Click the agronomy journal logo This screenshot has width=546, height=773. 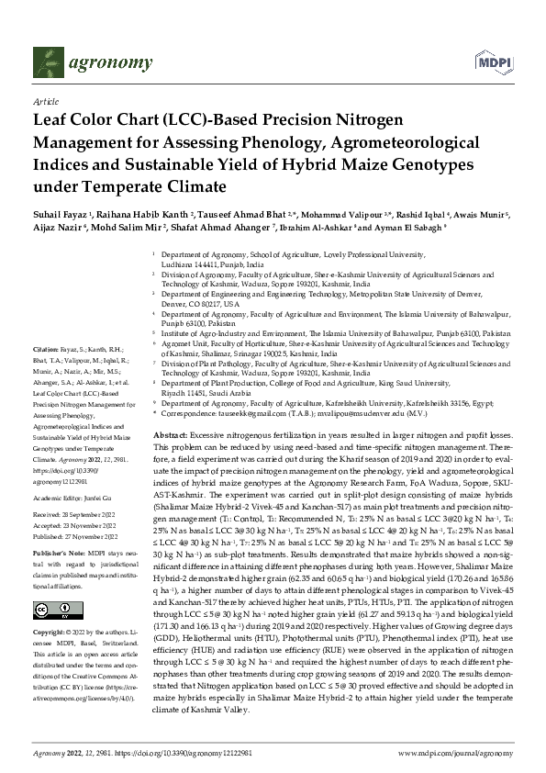92,63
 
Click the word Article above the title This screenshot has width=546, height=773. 45,101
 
